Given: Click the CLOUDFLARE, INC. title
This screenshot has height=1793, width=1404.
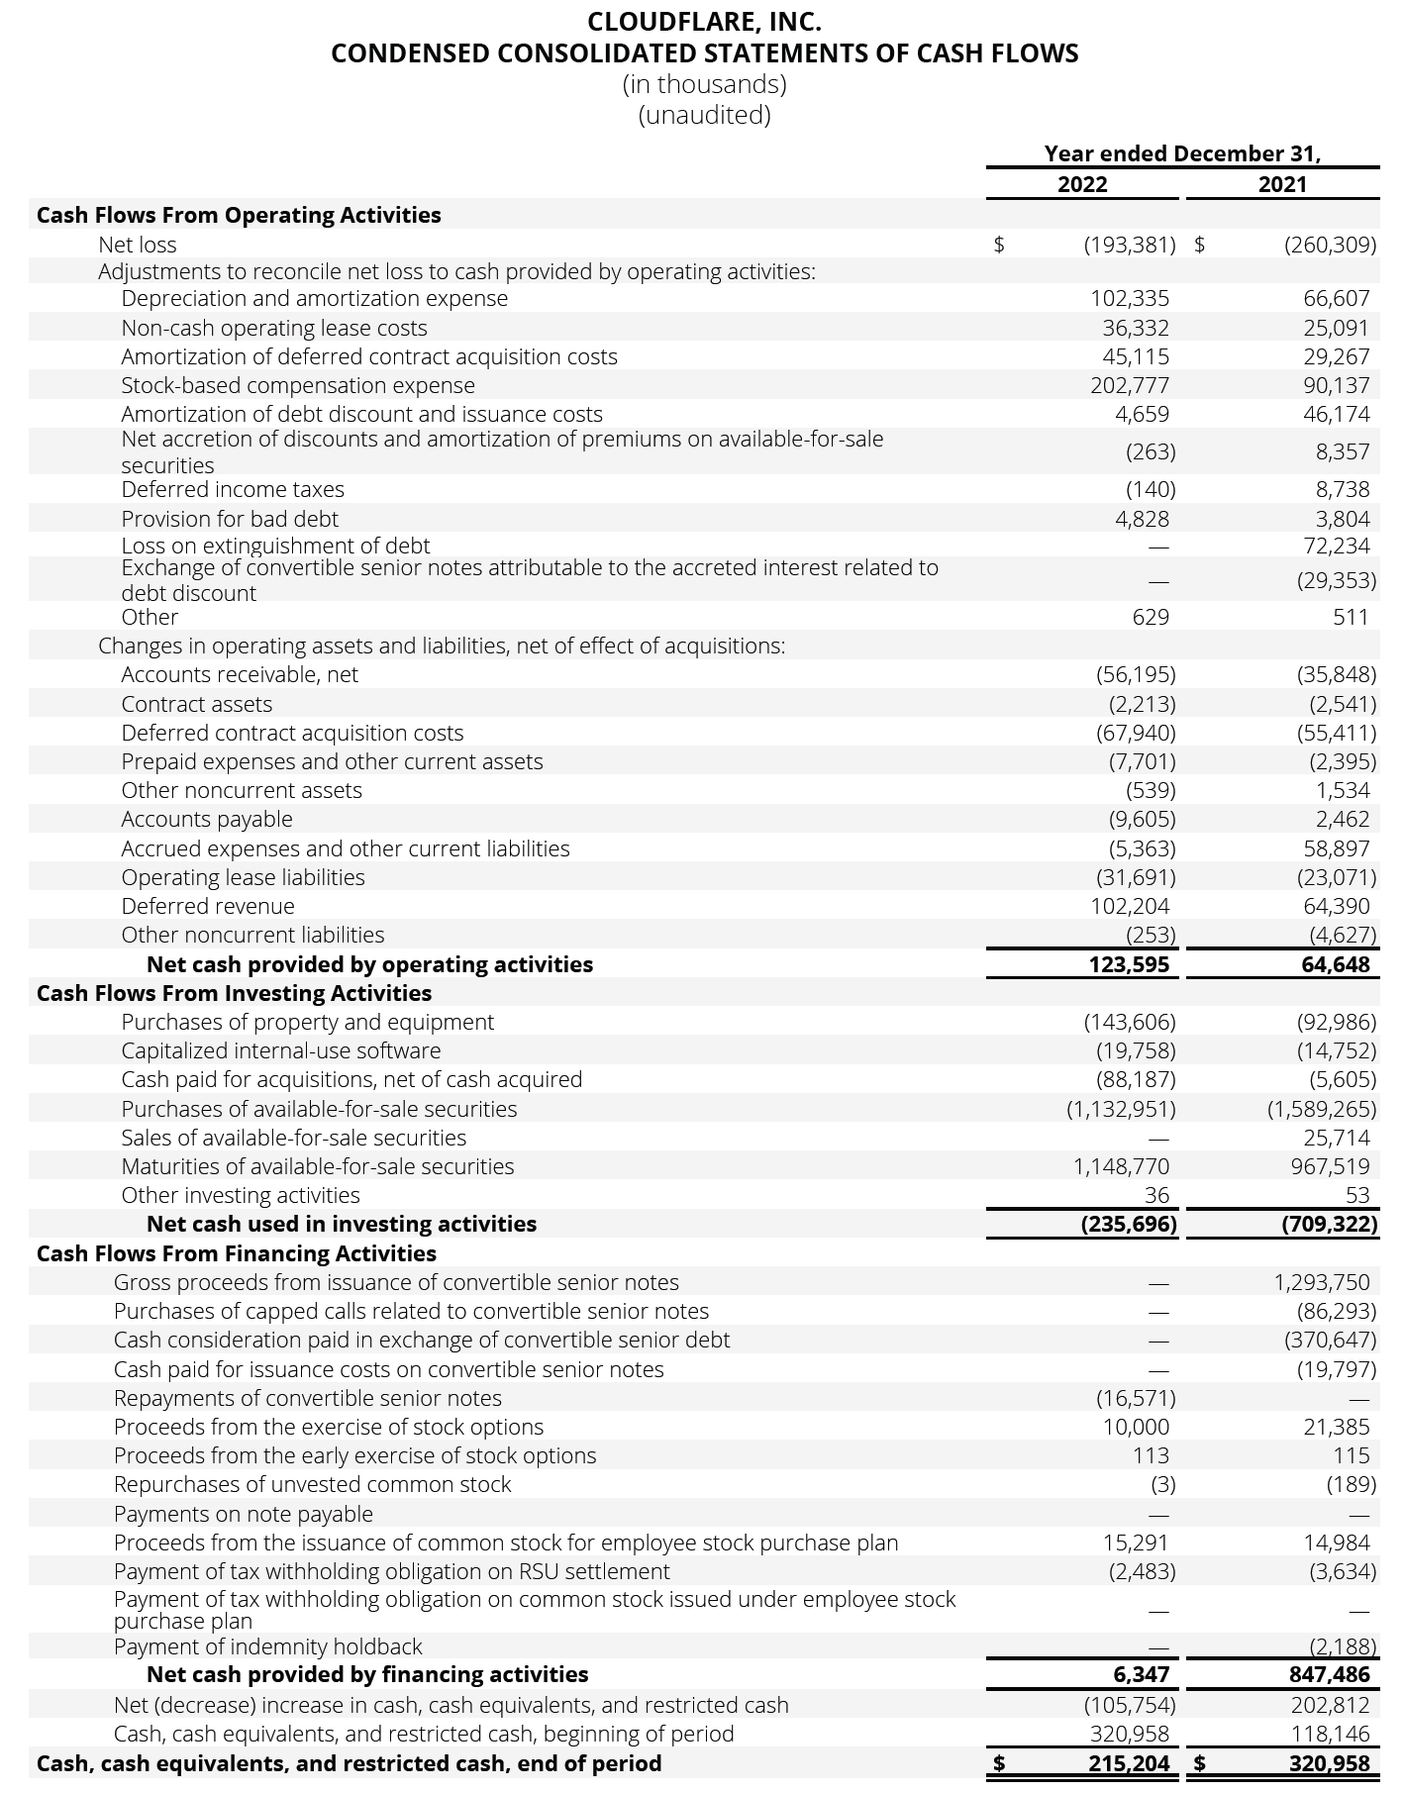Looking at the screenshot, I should coord(704,22).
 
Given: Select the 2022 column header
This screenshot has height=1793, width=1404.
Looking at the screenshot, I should coord(1082,184).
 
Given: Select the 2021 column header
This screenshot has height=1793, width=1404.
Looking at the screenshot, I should coord(1282,184).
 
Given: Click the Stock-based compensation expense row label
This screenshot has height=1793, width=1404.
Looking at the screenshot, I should coord(298,385).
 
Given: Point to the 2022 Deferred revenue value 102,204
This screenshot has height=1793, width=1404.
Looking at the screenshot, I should coord(1130,906).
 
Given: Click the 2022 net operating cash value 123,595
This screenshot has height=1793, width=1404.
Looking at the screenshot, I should coord(1130,964).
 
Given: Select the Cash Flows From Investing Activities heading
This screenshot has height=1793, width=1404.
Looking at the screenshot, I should coord(235,993).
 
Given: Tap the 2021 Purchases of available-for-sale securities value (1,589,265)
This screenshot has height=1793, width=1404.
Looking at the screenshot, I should coord(1322,1109).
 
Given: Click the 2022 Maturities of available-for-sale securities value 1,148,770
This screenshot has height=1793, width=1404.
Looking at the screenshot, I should coord(1121,1166).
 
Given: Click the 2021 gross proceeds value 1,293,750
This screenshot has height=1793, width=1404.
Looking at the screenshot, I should coord(1322,1282).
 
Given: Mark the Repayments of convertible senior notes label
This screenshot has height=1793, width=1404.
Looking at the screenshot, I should coord(308,1398).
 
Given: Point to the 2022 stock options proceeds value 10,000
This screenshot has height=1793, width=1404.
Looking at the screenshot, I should coord(1136,1427).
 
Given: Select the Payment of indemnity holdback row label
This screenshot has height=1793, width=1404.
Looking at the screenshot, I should coord(268,1646).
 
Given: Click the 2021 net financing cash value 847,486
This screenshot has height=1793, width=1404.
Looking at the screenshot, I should coord(1330,1674).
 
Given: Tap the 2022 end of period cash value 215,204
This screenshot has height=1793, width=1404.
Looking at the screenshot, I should coord(1126,1763).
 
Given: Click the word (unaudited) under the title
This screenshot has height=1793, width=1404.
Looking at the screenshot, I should coord(704,115).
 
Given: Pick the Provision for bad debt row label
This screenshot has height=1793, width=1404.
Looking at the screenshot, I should coord(230,519).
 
